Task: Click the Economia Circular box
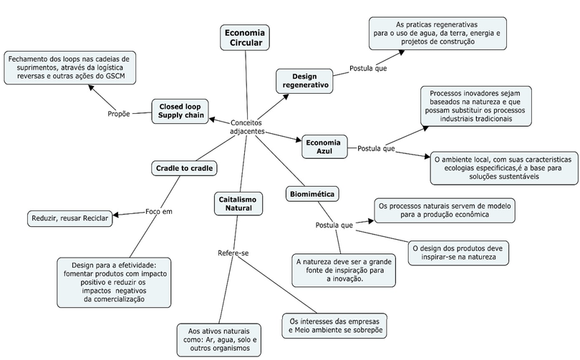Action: pos(245,38)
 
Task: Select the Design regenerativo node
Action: pos(304,81)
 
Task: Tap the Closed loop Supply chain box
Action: pos(180,111)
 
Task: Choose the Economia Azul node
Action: pos(324,147)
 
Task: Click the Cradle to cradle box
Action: pos(184,168)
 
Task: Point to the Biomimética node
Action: pos(312,194)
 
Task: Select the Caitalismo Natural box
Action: pos(238,204)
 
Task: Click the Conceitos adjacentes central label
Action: pos(247,127)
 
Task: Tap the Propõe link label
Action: pos(119,114)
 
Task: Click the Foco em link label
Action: pos(159,212)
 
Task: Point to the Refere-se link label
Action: pos(233,253)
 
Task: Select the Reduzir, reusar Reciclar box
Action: pos(70,218)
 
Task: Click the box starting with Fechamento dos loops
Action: pos(70,68)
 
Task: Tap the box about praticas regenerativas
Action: pos(438,33)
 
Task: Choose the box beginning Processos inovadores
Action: pos(475,106)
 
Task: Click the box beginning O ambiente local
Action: pos(504,168)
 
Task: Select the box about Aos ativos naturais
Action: pos(219,340)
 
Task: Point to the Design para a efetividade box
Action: pos(114,283)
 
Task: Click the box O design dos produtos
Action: pos(458,253)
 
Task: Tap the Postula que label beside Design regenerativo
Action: pos(368,69)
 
